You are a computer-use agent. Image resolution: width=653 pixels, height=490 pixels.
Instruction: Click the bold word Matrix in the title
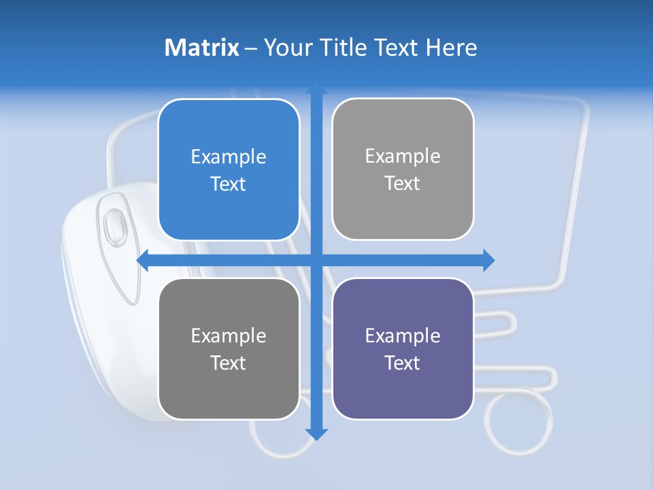[x=201, y=48]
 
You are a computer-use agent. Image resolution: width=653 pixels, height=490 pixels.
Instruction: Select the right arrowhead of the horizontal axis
[x=488, y=260]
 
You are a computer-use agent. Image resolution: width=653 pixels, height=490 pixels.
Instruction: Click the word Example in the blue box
[x=229, y=157]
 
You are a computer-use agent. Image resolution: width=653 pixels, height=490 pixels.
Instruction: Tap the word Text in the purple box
[x=403, y=363]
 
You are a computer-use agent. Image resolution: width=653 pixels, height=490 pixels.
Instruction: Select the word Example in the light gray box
[x=403, y=157]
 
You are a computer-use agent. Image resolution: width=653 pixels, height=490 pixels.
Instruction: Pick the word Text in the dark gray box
[x=229, y=363]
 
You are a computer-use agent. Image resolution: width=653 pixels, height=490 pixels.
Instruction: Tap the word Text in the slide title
[x=397, y=48]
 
